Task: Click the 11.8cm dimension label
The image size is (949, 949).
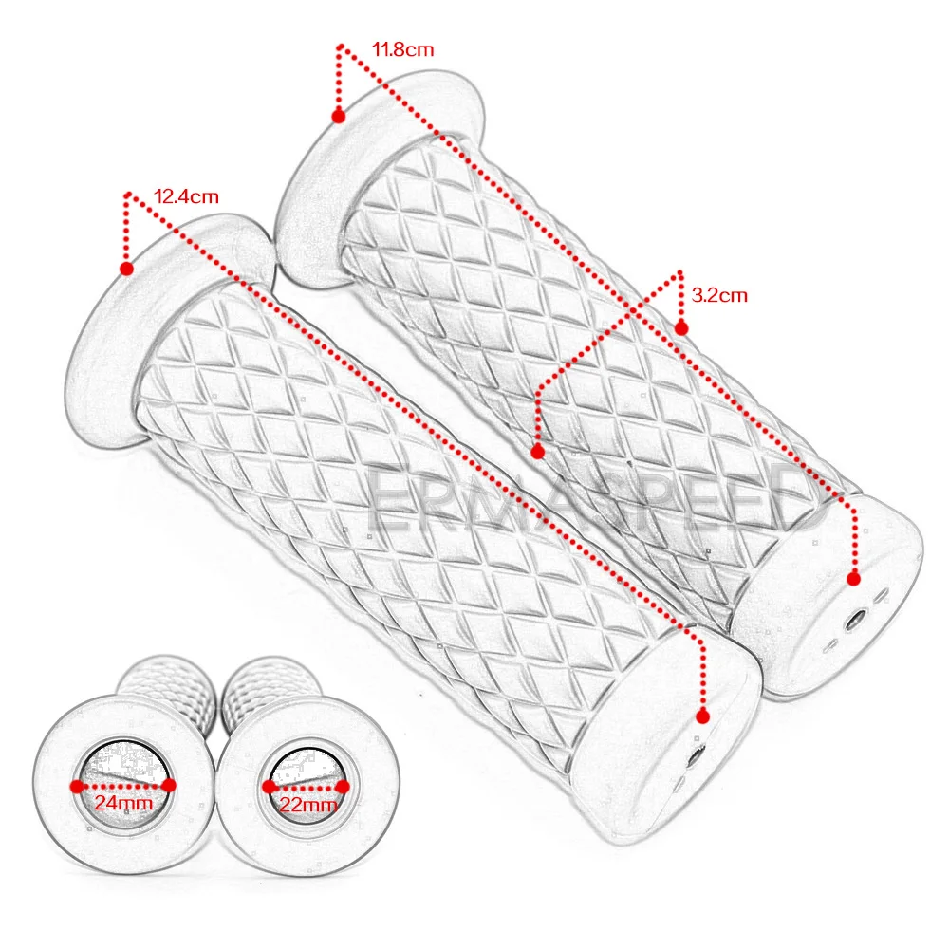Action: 403,48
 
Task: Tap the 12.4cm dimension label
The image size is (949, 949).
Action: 186,197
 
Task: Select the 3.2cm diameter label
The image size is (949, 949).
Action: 719,295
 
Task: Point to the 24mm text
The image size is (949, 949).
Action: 121,805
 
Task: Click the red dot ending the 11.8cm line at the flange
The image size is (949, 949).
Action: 339,116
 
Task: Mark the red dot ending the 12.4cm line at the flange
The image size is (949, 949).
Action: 127,268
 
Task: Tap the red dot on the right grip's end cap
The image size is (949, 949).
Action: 854,578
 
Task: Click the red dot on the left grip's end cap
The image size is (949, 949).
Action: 703,715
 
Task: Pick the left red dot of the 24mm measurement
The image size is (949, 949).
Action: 76,785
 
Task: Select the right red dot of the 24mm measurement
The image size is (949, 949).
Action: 169,785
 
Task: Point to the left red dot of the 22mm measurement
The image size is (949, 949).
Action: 269,786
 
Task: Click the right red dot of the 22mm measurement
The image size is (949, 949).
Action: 344,786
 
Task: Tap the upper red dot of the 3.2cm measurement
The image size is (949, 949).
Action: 680,327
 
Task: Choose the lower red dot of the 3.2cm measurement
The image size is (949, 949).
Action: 537,452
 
